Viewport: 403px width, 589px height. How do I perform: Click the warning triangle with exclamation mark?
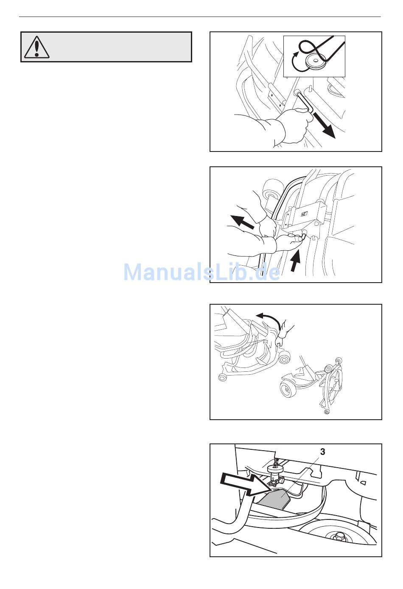point(37,47)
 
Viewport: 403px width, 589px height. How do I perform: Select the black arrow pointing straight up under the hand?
point(296,261)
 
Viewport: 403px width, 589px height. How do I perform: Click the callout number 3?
point(322,452)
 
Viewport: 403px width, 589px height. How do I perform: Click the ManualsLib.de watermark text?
point(201,272)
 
